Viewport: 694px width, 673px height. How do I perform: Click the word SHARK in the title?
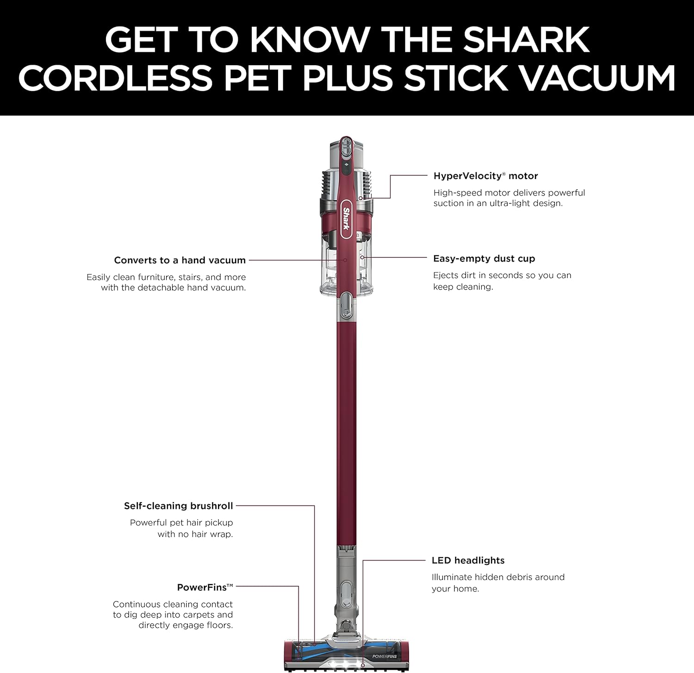coord(526,40)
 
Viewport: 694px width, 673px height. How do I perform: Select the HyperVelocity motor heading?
coord(485,176)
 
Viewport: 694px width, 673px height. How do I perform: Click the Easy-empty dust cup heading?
coord(484,259)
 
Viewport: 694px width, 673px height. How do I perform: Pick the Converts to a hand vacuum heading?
coord(180,260)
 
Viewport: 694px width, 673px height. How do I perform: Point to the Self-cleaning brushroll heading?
coord(179,506)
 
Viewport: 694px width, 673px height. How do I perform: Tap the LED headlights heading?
coord(468,560)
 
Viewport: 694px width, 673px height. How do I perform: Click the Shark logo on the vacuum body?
coord(346,218)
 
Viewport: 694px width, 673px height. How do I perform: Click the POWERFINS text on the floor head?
coord(384,656)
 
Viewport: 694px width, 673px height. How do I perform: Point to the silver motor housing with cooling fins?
coord(346,185)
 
